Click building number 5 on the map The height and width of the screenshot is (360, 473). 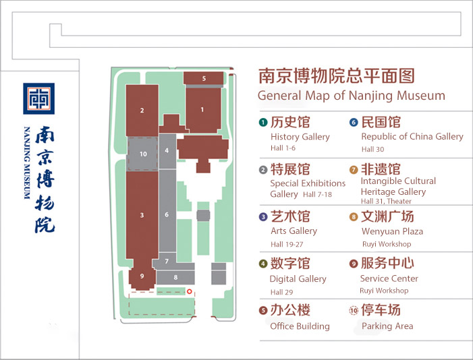[x=204, y=78]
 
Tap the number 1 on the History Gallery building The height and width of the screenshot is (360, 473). [x=202, y=110]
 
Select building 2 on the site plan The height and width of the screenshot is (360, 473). [x=142, y=111]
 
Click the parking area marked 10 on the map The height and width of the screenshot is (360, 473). [x=143, y=154]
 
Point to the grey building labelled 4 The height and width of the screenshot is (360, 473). [x=167, y=151]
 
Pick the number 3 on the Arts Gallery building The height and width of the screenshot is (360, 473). [x=142, y=215]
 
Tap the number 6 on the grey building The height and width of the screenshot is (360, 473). [x=167, y=214]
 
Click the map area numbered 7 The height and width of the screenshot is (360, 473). [x=167, y=261]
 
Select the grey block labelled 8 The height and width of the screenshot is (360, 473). [x=175, y=277]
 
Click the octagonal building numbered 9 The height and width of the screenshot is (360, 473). [x=142, y=276]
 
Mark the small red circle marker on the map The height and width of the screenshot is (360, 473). [x=190, y=291]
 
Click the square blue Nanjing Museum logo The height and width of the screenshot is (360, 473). [x=39, y=98]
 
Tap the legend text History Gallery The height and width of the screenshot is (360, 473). [x=300, y=137]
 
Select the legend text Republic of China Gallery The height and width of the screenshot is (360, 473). [x=412, y=137]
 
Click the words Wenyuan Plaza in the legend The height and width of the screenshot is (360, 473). [x=392, y=231]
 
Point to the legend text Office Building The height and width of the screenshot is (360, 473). [x=300, y=326]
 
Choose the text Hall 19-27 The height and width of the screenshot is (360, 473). [x=287, y=244]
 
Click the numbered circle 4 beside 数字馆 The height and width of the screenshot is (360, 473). [x=263, y=264]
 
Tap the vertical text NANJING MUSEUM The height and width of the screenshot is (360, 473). [x=27, y=163]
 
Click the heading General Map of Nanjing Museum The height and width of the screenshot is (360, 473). [x=352, y=96]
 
